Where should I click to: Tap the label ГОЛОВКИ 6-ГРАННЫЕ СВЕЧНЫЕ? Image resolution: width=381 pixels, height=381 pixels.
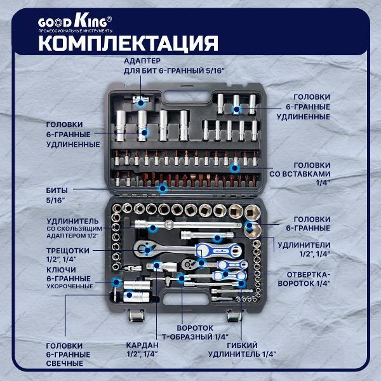pos(67,354)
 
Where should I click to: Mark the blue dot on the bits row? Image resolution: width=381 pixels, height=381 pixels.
pos(163,187)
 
